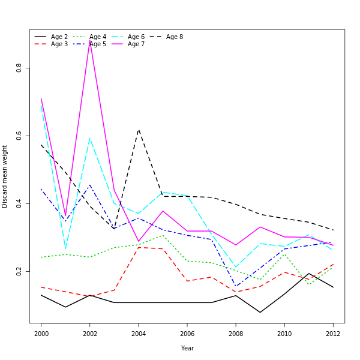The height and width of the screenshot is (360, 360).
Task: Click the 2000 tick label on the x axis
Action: coord(41,334)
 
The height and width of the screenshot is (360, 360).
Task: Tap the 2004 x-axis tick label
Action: coord(139,334)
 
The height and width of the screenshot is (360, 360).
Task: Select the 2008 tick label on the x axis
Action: coord(236,334)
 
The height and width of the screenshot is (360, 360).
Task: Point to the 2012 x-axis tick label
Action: coord(333,334)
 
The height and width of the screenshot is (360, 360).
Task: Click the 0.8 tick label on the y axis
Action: coord(19,68)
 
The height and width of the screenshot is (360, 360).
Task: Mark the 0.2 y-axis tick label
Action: coord(19,272)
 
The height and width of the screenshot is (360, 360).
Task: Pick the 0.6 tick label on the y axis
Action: coord(19,136)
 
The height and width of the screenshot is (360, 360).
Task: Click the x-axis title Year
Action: coord(187,348)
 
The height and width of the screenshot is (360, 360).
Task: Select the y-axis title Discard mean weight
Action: coord(5,176)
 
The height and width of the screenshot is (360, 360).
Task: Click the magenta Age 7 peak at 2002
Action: coord(90,40)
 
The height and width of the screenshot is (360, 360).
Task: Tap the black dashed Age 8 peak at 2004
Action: coord(139,129)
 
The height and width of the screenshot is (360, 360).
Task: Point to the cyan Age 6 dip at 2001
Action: coord(65,248)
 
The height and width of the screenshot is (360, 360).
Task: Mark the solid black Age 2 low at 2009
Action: coord(260,312)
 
